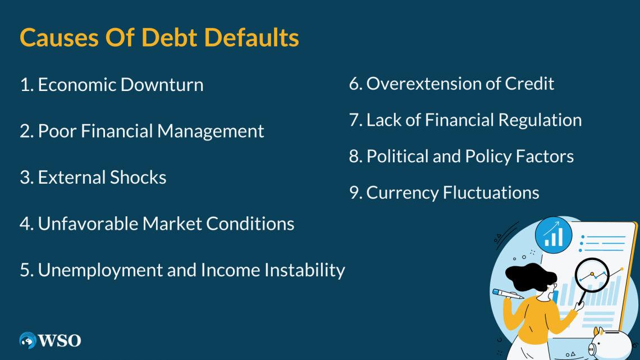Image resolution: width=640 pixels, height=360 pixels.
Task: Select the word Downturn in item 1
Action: coord(162,85)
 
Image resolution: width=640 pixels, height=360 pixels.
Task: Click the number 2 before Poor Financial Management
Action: coord(25,131)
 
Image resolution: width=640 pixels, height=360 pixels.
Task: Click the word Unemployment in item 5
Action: coord(96,270)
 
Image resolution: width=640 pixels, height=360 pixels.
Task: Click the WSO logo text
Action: coord(60,340)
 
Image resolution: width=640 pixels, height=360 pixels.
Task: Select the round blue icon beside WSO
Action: coord(28,340)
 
